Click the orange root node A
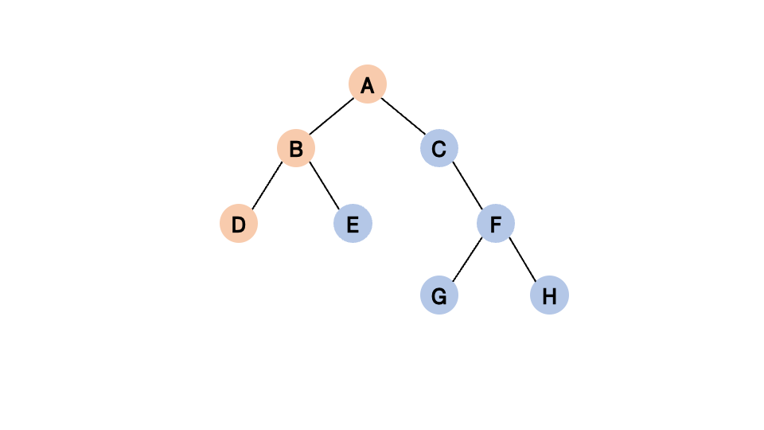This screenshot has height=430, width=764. [368, 84]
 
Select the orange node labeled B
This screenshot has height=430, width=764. [296, 148]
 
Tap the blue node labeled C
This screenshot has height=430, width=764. [439, 148]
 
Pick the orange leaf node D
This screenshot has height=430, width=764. [239, 225]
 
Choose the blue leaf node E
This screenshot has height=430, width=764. [353, 225]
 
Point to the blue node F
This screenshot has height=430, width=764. [496, 225]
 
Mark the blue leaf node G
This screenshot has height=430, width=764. [439, 296]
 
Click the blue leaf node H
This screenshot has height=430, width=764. [549, 296]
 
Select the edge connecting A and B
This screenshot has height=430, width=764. [332, 116]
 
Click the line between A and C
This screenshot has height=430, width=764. [403, 116]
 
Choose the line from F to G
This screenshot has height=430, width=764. [468, 260]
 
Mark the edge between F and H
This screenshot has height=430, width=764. [523, 260]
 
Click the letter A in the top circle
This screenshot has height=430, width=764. [368, 85]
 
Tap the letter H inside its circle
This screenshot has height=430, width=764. [549, 297]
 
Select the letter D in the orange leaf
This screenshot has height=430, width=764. [239, 225]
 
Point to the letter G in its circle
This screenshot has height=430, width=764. [439, 297]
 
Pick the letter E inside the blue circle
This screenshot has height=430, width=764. [353, 225]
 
